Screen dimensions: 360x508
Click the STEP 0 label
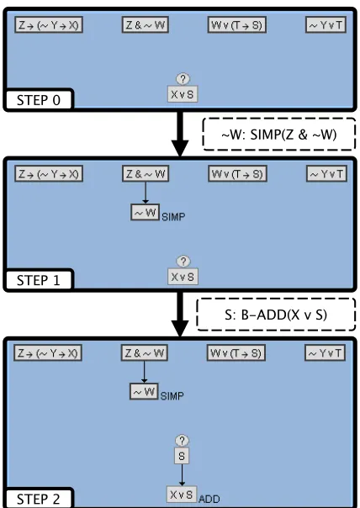[x=39, y=100]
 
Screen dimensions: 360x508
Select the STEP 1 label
[x=39, y=280]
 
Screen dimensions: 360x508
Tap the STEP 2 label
[x=39, y=499]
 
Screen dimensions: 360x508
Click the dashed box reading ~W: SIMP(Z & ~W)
[x=279, y=134]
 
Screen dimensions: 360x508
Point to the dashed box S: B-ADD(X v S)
[x=276, y=315]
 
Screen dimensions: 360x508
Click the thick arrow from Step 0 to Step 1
[x=180, y=134]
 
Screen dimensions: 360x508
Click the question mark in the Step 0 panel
[x=183, y=79]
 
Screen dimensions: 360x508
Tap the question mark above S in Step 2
[x=182, y=441]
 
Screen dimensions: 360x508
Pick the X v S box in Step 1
[x=183, y=277]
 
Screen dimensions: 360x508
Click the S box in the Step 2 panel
[x=182, y=456]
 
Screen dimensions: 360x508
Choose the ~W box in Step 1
[x=146, y=213]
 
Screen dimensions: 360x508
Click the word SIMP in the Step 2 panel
[x=172, y=396]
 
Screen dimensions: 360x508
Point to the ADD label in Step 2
[x=209, y=499]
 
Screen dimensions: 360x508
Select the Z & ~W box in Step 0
[x=146, y=25]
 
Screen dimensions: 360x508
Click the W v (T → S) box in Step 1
[x=237, y=173]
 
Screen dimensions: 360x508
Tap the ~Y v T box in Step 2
[x=325, y=352]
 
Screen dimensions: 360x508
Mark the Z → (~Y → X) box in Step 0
[x=49, y=25]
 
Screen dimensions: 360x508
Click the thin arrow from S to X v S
[x=182, y=475]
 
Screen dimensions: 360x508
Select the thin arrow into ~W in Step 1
[x=146, y=193]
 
